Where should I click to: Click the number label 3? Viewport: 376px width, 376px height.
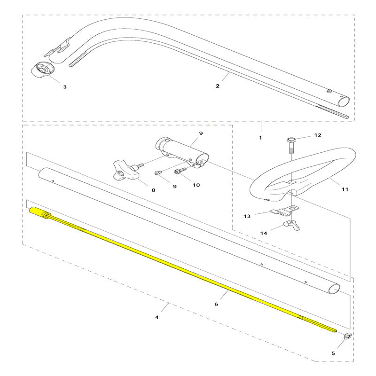point(65,87)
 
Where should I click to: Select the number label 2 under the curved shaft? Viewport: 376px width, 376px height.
point(217,86)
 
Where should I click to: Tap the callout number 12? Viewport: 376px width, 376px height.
point(317,135)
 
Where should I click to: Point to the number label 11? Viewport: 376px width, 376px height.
point(345,189)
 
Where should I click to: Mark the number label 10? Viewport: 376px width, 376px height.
point(196,185)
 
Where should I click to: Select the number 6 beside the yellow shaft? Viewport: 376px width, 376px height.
point(216,304)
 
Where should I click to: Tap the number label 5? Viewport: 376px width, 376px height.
point(346,352)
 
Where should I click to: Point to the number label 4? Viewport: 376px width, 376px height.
point(157,317)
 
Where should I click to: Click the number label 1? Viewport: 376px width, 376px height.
point(260,138)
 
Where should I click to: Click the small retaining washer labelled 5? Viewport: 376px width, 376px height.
point(347,336)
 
